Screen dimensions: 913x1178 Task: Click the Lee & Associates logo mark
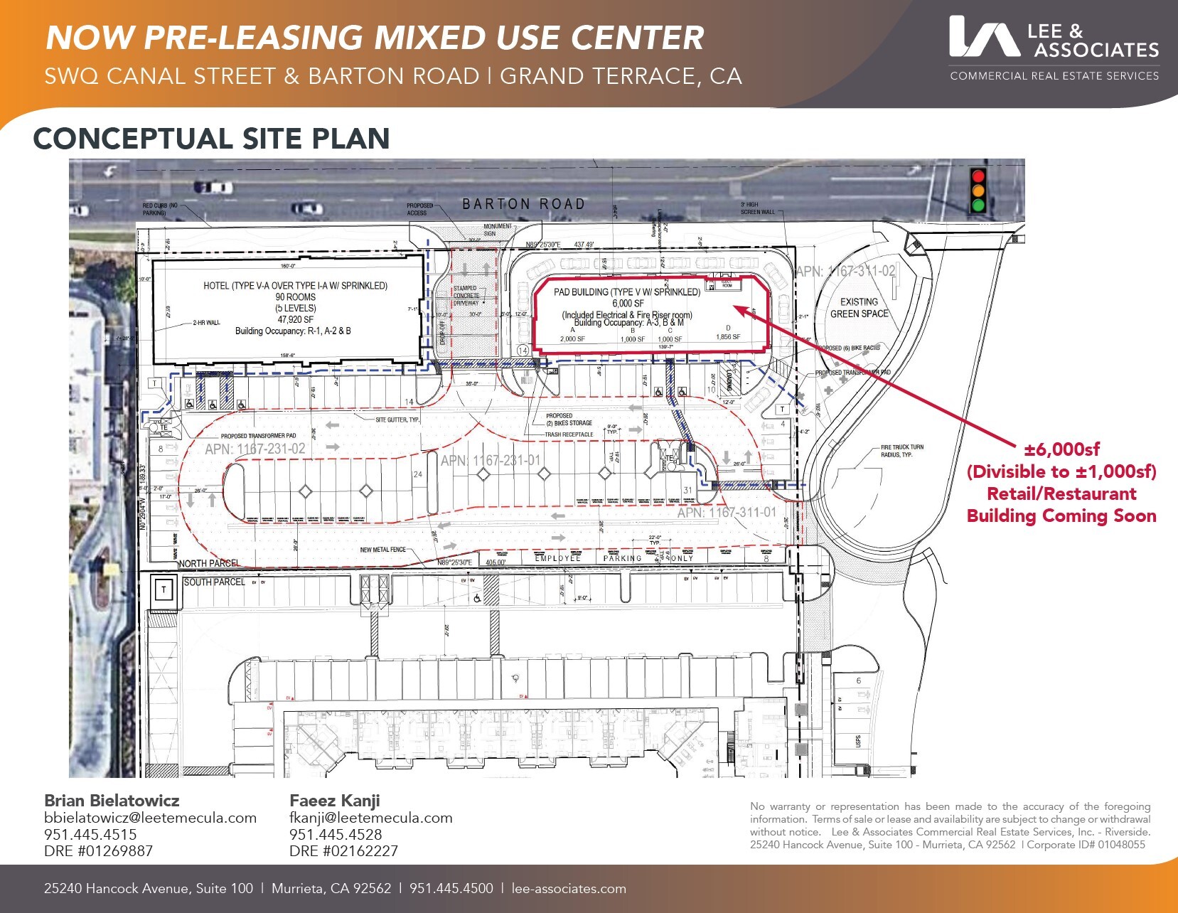tap(984, 37)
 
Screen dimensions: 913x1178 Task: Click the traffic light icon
tap(979, 191)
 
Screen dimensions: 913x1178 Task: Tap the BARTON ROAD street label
tap(523, 204)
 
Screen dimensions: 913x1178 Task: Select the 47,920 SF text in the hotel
tap(295, 319)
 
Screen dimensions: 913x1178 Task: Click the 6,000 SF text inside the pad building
tap(628, 303)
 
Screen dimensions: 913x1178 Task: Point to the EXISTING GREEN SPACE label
tap(859, 307)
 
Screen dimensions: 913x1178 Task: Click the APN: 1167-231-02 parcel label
tap(255, 449)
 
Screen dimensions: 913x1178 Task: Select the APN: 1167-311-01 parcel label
tap(727, 512)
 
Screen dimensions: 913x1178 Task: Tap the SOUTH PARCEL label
tap(214, 582)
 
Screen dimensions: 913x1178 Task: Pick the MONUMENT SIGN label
tap(497, 230)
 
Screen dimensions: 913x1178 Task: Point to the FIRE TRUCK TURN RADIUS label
tap(901, 451)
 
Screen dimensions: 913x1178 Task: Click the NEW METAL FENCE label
tap(382, 550)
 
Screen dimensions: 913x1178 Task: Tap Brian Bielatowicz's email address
tap(150, 818)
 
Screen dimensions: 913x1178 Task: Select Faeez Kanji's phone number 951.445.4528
tap(335, 834)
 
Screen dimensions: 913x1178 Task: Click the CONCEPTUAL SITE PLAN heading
tap(211, 139)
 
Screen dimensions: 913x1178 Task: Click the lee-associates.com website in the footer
tap(569, 888)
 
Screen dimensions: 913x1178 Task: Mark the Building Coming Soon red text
tap(1061, 516)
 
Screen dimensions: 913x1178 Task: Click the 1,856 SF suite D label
tap(727, 336)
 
